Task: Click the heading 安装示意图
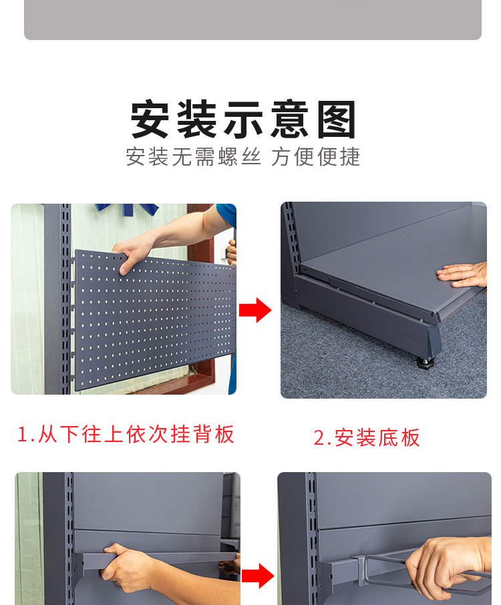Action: tap(243, 119)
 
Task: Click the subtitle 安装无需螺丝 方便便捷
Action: tap(243, 157)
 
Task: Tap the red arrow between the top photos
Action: tap(255, 310)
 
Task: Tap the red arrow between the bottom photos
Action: tap(258, 576)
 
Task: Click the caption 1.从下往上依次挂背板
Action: tap(126, 434)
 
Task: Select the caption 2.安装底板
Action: tap(367, 438)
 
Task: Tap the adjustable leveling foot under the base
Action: tap(425, 363)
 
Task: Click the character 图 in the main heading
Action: tap(336, 120)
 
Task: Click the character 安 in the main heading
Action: tap(150, 119)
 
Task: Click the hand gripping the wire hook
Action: tap(448, 567)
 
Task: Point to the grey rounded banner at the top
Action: tap(253, 19)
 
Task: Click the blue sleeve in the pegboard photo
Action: tap(227, 215)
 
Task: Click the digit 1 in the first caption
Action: tap(23, 435)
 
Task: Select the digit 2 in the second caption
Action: tap(320, 438)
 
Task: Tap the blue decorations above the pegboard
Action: tap(128, 209)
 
